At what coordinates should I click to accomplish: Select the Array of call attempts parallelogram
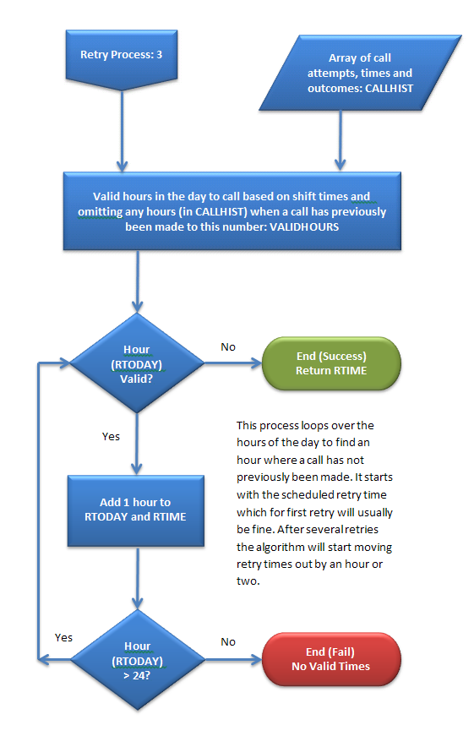(x=360, y=73)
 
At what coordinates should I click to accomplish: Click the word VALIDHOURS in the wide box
(x=304, y=226)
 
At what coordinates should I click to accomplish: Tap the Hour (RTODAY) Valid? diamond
(x=137, y=363)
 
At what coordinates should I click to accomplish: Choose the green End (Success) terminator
(x=331, y=363)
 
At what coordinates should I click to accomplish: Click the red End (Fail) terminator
(x=331, y=659)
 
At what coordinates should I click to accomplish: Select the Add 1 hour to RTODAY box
(x=136, y=510)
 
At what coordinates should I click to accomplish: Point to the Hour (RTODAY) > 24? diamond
(x=138, y=660)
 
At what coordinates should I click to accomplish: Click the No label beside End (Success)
(x=228, y=346)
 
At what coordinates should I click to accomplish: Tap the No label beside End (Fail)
(x=228, y=641)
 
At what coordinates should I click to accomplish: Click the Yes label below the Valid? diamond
(x=111, y=436)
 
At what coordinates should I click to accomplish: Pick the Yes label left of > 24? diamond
(x=63, y=637)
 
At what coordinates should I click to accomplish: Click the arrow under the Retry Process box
(x=122, y=131)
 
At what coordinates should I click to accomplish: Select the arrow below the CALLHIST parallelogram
(x=341, y=140)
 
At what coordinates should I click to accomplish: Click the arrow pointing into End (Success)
(x=233, y=363)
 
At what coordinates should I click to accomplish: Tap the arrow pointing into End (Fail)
(x=233, y=660)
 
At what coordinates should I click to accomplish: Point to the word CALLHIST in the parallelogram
(x=390, y=88)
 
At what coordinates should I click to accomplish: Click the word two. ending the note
(x=248, y=581)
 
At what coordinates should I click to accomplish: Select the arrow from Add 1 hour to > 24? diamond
(x=137, y=578)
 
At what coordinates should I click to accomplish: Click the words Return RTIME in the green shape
(x=331, y=371)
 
